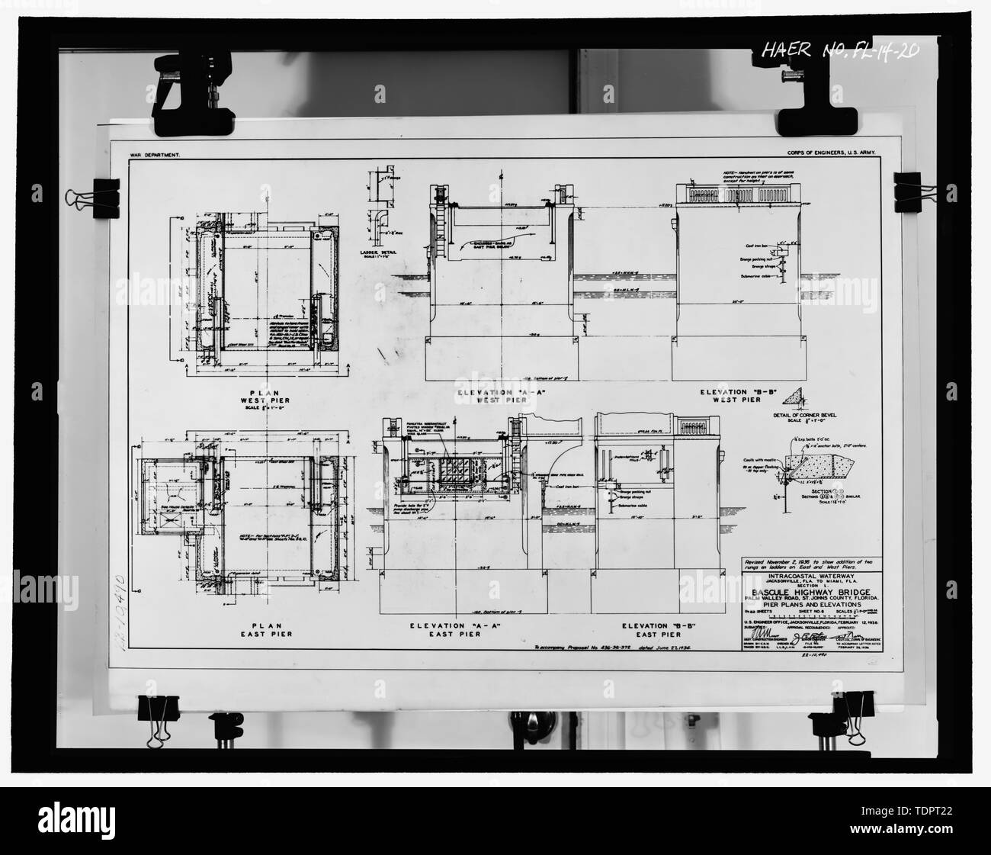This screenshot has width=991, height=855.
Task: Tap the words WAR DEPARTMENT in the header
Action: pos(156,154)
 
